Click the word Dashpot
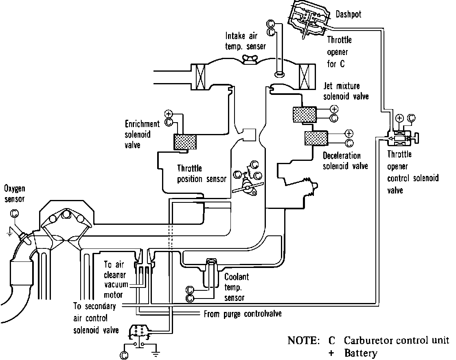click(349, 15)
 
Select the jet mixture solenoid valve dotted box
click(305, 114)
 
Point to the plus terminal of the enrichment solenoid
click(169, 114)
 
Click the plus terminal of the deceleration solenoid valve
click(349, 134)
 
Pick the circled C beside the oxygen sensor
click(15, 213)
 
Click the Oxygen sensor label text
click(14, 193)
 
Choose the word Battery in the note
click(360, 353)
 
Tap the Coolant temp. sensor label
click(237, 287)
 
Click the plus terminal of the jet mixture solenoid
click(334, 109)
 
